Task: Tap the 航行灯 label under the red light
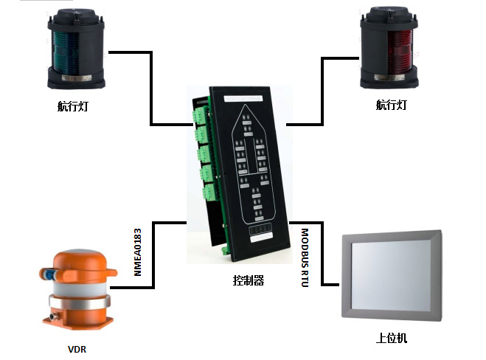391,105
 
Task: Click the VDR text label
77,348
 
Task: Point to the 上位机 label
391,339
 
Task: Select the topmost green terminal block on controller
201,116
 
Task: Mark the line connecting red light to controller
322,89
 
